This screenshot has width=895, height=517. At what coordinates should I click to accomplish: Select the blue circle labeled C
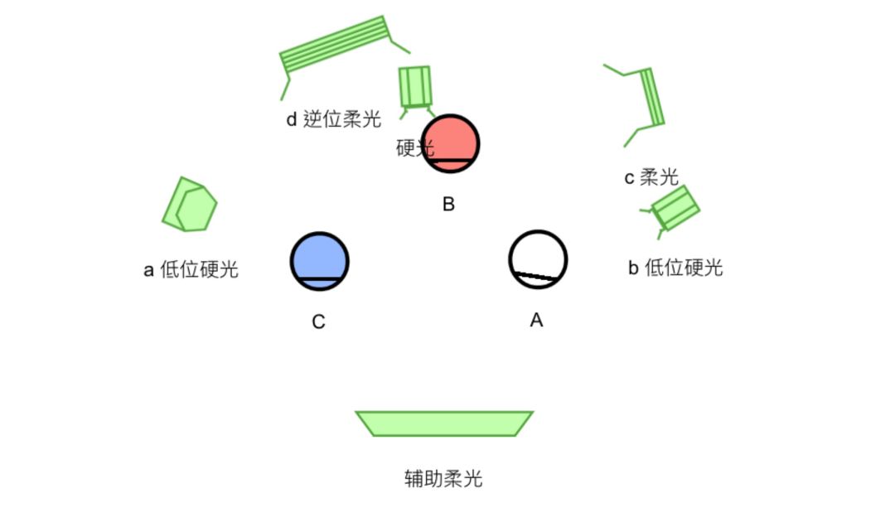pyautogui.click(x=319, y=259)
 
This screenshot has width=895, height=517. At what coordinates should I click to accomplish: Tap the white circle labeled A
pyautogui.click(x=538, y=258)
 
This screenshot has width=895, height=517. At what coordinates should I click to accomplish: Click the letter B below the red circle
pyautogui.click(x=448, y=204)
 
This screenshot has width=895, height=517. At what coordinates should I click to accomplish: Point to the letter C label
pyautogui.click(x=318, y=321)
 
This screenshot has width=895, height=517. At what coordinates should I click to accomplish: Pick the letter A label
pyautogui.click(x=536, y=320)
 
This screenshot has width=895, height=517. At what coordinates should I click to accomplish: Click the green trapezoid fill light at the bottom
pyautogui.click(x=444, y=423)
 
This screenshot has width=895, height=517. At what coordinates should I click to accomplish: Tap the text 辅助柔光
pyautogui.click(x=443, y=479)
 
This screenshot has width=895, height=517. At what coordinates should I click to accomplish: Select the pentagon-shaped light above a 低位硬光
pyautogui.click(x=190, y=205)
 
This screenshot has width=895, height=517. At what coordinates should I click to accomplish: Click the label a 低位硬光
pyautogui.click(x=191, y=270)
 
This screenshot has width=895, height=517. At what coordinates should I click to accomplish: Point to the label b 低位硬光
pyautogui.click(x=675, y=268)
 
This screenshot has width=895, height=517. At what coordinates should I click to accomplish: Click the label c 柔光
pyautogui.click(x=651, y=177)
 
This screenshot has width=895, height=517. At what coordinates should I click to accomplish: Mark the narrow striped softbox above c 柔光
pyautogui.click(x=651, y=97)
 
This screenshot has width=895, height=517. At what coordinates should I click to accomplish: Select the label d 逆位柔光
pyautogui.click(x=333, y=119)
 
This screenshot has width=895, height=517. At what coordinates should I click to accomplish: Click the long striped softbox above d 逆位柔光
pyautogui.click(x=335, y=45)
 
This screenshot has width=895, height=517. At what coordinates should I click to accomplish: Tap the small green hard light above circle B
pyautogui.click(x=415, y=85)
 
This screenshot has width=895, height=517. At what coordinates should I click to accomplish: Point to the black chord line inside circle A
pyautogui.click(x=535, y=278)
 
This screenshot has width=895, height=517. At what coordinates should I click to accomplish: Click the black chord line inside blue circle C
pyautogui.click(x=319, y=279)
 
